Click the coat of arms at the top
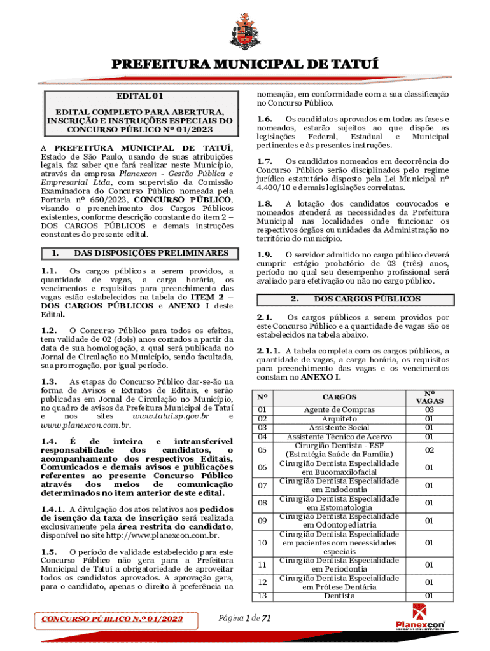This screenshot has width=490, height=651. pyautogui.click(x=245, y=27)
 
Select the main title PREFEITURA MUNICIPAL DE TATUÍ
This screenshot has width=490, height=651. pyautogui.click(x=245, y=65)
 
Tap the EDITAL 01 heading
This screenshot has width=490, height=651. pyautogui.click(x=140, y=97)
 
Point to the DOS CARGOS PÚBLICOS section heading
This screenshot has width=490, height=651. pyautogui.click(x=367, y=299)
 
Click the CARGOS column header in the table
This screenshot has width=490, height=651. pyautogui.click(x=339, y=397)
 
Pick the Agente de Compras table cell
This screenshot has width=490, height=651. pyautogui.click(x=339, y=410)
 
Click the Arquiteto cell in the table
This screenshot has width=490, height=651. pyautogui.click(x=339, y=419)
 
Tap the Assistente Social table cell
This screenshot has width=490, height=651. pyautogui.click(x=339, y=428)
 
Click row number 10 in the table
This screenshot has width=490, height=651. pyautogui.click(x=262, y=543)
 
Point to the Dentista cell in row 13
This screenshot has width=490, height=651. pyautogui.click(x=339, y=596)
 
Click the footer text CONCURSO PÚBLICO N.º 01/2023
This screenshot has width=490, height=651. pyautogui.click(x=112, y=619)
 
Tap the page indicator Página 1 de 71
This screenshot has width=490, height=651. pyautogui.click(x=244, y=618)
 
